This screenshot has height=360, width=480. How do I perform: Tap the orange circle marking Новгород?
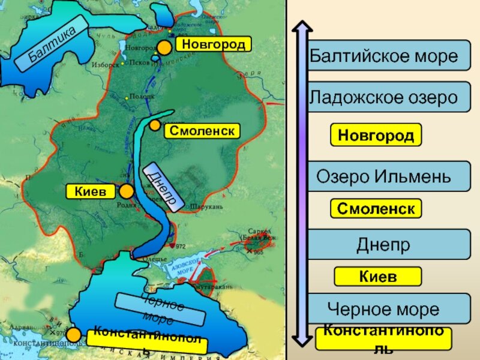click(x=164, y=48)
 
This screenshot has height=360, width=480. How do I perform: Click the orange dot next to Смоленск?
click(x=155, y=125)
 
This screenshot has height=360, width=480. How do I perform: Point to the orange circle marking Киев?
click(x=127, y=191)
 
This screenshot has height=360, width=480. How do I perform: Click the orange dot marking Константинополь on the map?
click(x=74, y=334)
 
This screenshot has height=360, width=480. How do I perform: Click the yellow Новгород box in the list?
click(x=376, y=136)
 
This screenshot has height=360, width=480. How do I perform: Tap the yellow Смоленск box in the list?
click(x=376, y=209)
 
